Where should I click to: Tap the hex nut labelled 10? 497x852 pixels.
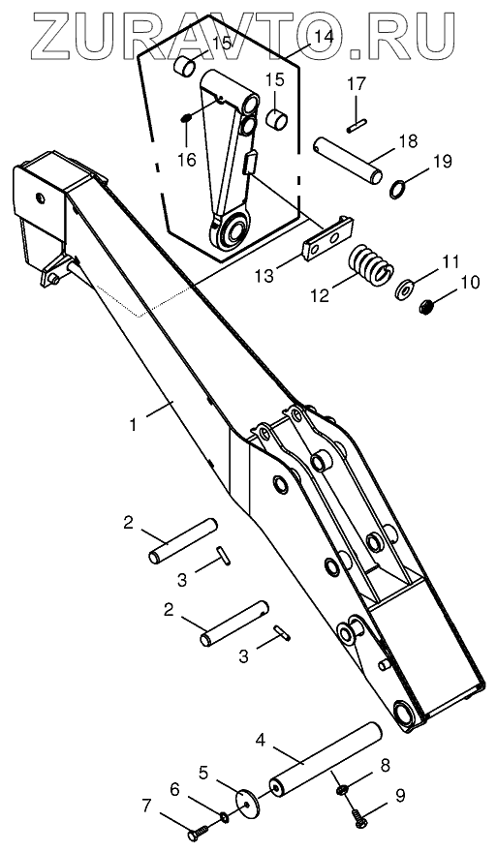427,308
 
